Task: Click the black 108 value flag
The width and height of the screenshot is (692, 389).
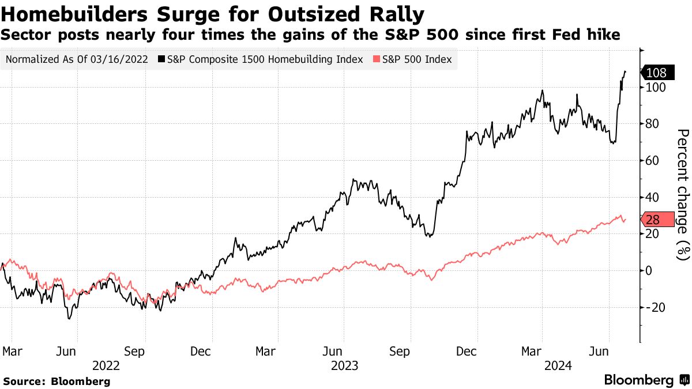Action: (x=656, y=73)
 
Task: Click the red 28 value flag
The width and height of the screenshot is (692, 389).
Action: (x=657, y=220)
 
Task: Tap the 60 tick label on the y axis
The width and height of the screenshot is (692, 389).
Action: (x=652, y=160)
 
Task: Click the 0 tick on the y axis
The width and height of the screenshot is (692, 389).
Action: (x=649, y=270)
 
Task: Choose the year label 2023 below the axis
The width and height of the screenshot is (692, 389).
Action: (x=345, y=365)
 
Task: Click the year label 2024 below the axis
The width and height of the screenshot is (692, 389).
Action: (x=559, y=365)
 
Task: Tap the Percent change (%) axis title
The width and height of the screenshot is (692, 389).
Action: (x=682, y=195)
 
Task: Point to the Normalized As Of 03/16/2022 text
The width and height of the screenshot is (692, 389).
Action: (x=76, y=59)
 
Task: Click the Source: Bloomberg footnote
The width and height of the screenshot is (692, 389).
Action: (x=57, y=381)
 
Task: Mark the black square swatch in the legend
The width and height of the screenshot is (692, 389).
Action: (x=161, y=59)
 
